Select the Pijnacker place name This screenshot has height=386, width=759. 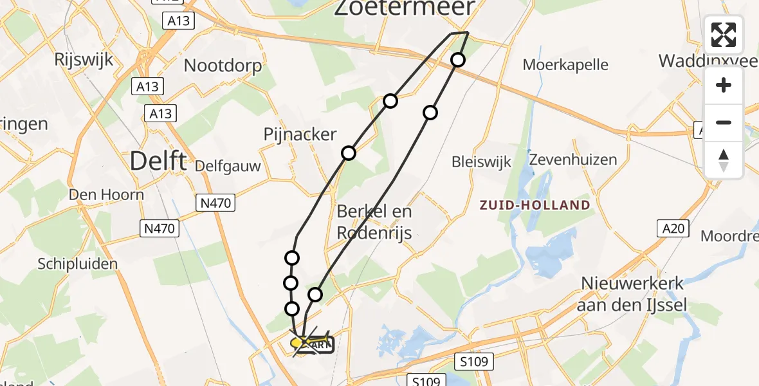tap(300, 134)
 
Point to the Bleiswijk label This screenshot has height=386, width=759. tap(481, 161)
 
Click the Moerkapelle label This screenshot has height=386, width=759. tap(565, 64)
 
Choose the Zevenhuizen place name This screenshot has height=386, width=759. tap(572, 160)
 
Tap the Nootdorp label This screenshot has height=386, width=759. tap(223, 66)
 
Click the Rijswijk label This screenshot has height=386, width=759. tap(84, 60)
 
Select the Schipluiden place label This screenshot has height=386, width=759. tap(78, 264)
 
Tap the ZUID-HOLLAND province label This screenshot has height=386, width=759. tap(535, 205)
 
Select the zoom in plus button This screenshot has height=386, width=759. tap(724, 85)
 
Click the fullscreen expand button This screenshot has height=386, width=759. tap(724, 34)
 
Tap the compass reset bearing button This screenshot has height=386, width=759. tap(724, 160)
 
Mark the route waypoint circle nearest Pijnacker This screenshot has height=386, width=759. tap(349, 153)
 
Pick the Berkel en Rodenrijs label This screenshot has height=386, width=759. tap(374, 221)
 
